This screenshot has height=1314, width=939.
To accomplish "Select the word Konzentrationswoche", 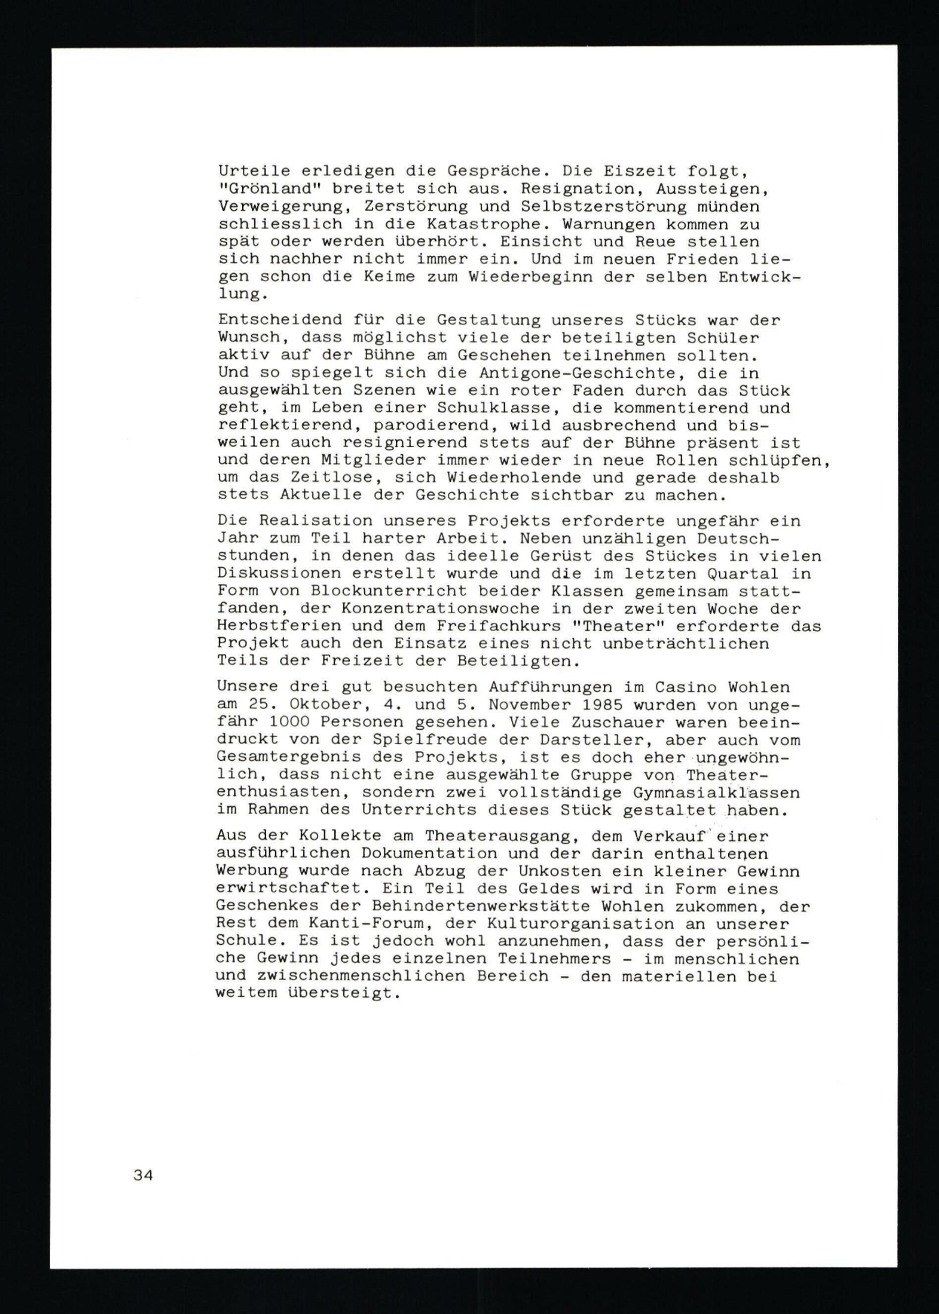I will (440, 609).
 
